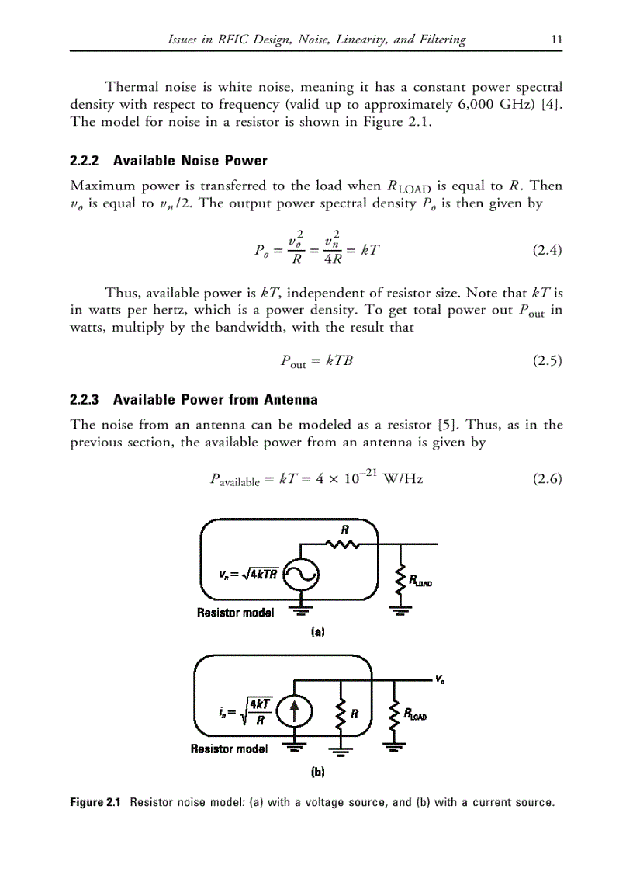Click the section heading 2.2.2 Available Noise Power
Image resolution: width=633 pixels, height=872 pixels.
coord(168,161)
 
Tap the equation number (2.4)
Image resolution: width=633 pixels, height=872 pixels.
coord(546,250)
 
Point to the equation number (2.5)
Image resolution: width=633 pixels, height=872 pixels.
coord(546,360)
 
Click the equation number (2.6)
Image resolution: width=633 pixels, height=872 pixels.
coord(546,478)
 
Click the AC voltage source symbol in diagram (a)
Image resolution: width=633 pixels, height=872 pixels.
coord(299,576)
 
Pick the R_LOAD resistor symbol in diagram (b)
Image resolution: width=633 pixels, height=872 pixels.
coord(394,714)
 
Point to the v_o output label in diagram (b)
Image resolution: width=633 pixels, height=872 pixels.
coord(440,678)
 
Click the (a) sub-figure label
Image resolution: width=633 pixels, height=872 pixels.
coord(316,632)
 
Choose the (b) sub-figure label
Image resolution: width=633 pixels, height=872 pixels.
coord(316,773)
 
